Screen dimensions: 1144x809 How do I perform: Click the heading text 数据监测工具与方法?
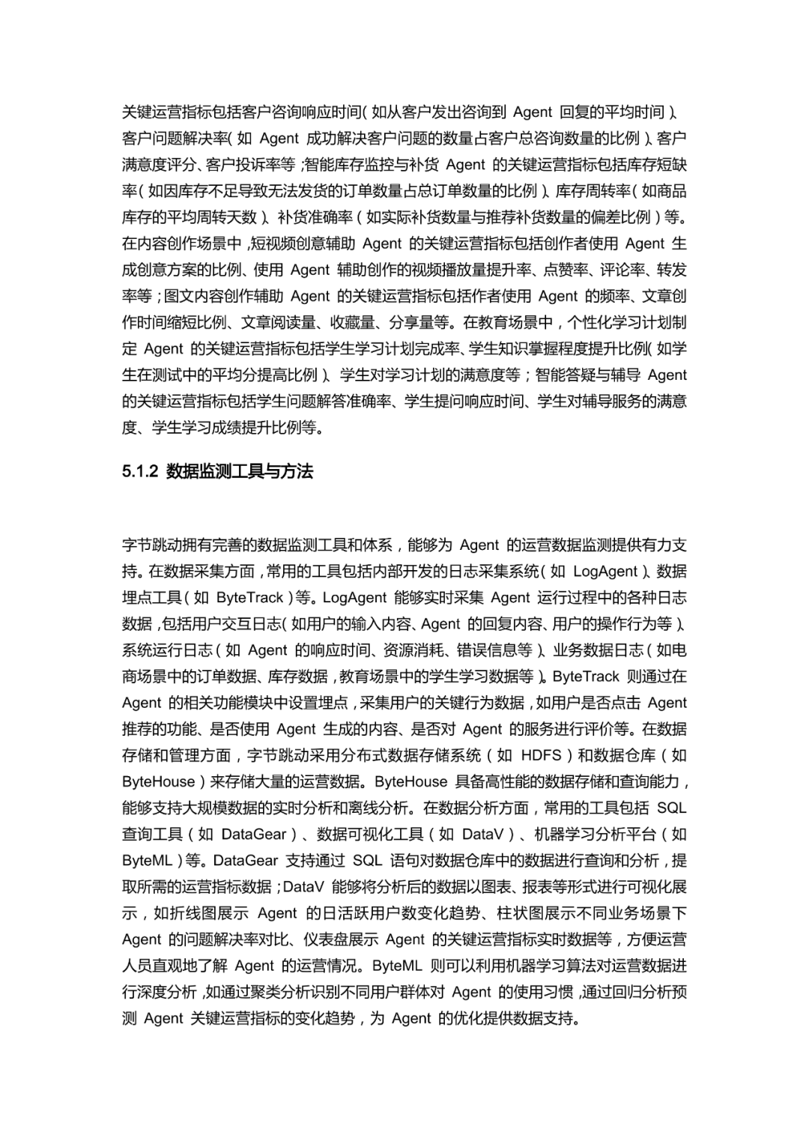click(240, 471)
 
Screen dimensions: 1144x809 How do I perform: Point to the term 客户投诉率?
click(240, 165)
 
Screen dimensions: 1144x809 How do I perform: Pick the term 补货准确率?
click(315, 217)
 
